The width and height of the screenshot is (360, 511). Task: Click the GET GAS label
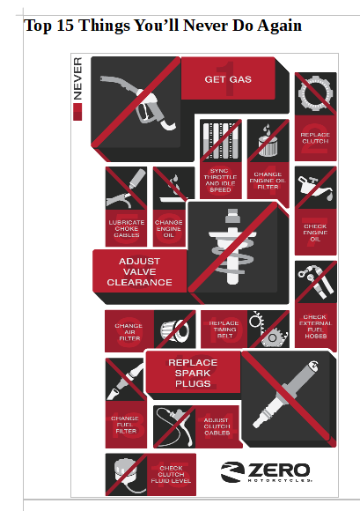[228, 79]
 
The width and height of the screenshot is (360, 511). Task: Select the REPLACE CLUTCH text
[315, 137]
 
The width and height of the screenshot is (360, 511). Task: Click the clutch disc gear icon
[315, 93]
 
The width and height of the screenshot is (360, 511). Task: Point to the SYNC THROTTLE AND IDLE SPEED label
[220, 181]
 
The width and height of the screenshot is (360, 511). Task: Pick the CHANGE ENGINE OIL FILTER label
[268, 181]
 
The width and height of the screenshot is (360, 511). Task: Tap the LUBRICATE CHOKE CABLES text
[126, 228]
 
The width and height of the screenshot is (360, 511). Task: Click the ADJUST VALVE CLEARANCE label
[139, 271]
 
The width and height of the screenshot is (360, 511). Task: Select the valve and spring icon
[232, 247]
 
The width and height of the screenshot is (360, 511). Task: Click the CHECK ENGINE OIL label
[315, 233]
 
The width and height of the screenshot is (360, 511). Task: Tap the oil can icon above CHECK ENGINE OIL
[315, 187]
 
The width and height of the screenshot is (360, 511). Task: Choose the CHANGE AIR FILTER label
[129, 332]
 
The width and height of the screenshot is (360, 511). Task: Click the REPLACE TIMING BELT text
[224, 330]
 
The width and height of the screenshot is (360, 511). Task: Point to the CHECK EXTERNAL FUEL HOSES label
[315, 326]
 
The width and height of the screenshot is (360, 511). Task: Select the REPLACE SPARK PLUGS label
[193, 374]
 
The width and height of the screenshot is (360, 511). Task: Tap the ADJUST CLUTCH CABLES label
[217, 426]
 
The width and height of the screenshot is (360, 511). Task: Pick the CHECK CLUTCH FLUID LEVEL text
[171, 475]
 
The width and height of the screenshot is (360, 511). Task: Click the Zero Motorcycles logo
[266, 472]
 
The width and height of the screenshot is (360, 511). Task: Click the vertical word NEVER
[77, 78]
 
